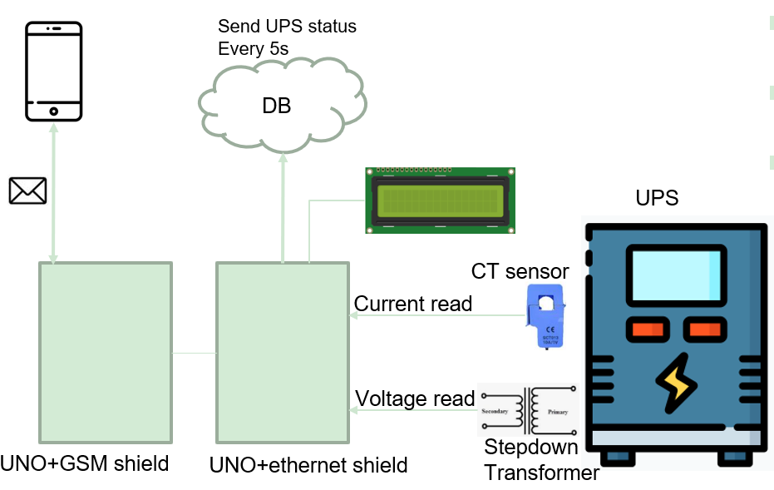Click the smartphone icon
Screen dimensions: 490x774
[54, 71]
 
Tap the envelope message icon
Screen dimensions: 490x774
[27, 191]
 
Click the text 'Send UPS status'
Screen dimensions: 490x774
[287, 27]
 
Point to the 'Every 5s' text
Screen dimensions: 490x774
[253, 49]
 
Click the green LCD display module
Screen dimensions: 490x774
[440, 200]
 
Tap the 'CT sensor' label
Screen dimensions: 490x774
[520, 271]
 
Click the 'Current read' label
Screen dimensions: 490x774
[412, 304]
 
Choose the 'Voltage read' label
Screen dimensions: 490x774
[414, 398]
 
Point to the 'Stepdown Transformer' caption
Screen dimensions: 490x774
[541, 460]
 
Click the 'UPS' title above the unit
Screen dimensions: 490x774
[657, 199]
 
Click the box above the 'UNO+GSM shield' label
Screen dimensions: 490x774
[106, 353]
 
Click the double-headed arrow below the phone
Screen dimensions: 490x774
[54, 195]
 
